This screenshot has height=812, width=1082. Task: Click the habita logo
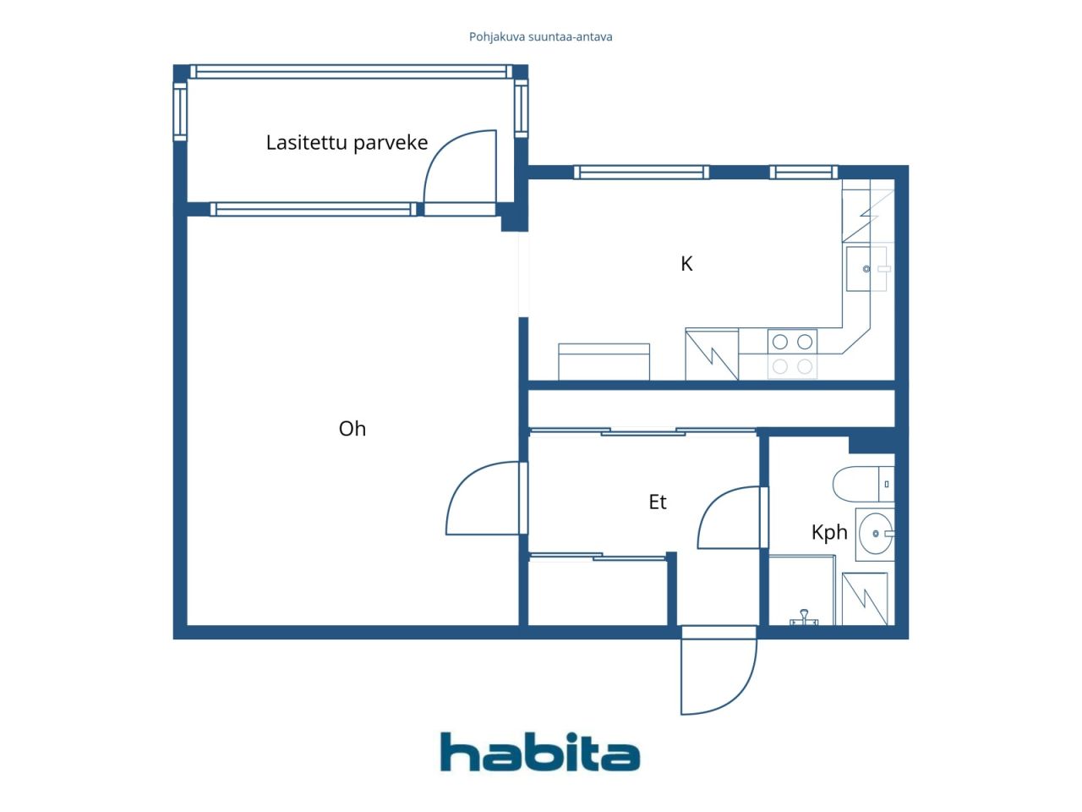tap(540, 752)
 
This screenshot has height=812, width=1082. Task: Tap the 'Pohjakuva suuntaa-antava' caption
tap(540, 37)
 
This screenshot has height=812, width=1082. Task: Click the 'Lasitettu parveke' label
tap(347, 142)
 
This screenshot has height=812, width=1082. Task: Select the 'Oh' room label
tap(352, 429)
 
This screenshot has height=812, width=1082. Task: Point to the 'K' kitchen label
tap(686, 264)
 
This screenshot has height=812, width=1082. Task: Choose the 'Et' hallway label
tap(658, 502)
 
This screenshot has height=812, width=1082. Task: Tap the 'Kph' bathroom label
tap(828, 532)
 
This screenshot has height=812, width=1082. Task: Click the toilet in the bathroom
tap(861, 485)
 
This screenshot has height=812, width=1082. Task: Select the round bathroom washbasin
tap(876, 534)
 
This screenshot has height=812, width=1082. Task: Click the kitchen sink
tap(866, 269)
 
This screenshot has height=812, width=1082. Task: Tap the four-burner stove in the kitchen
tap(792, 354)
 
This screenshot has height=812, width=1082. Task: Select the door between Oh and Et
tap(482, 498)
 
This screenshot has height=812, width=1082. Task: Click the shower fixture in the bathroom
tap(804, 617)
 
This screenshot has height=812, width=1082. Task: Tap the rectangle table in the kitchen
tap(604, 361)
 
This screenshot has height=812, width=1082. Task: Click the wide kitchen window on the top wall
tap(641, 173)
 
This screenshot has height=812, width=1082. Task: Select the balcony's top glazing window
tap(350, 72)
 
